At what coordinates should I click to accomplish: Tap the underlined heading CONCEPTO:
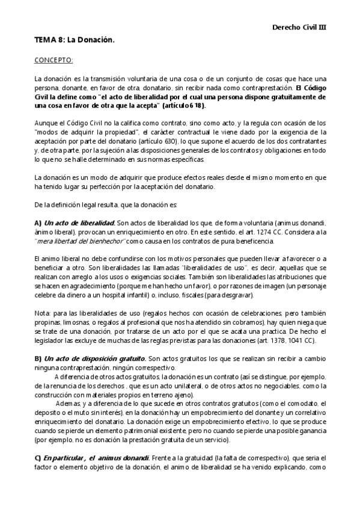tap(53, 61)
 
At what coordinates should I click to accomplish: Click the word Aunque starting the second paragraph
tap(45, 123)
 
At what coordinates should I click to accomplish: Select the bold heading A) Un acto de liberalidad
tap(75, 223)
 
